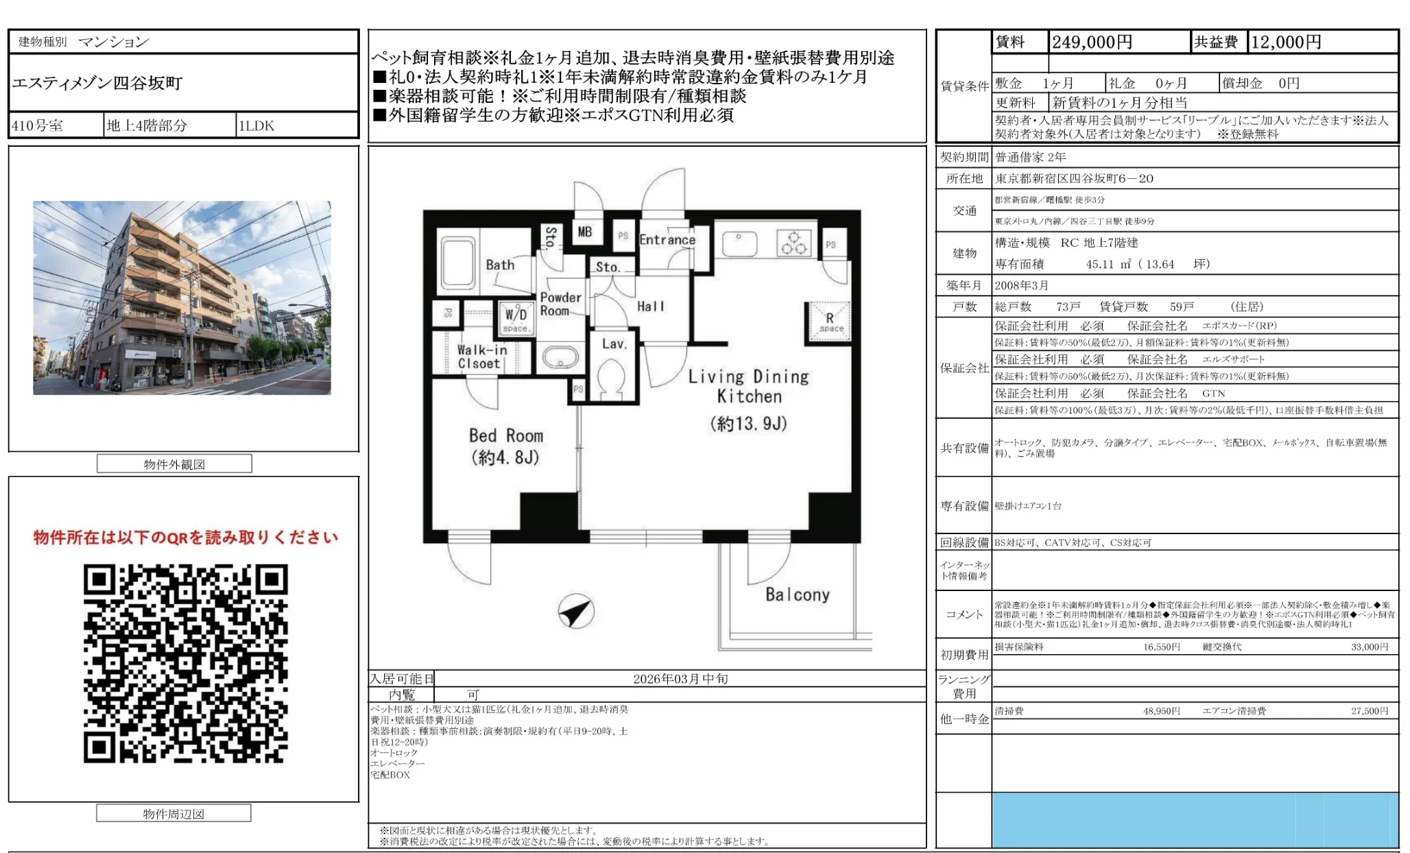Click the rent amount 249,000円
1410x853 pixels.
[x=1092, y=43]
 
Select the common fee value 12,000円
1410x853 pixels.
[x=1286, y=43]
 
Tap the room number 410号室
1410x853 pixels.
[x=38, y=125]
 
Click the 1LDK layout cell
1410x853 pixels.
[x=256, y=125]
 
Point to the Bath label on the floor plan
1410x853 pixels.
[x=500, y=265]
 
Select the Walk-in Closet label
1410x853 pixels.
[x=481, y=357]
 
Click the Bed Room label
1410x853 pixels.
[x=505, y=436]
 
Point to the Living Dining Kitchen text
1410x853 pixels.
[x=748, y=386]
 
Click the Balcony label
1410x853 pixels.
[x=797, y=594]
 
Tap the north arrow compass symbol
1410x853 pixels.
[x=575, y=611]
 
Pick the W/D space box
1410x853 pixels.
[x=516, y=318]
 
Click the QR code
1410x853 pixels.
[x=185, y=663]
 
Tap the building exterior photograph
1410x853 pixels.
[x=182, y=298]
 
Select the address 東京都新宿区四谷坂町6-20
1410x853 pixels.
[x=1074, y=178]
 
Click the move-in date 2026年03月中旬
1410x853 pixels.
[x=680, y=679]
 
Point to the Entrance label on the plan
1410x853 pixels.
[x=667, y=240]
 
